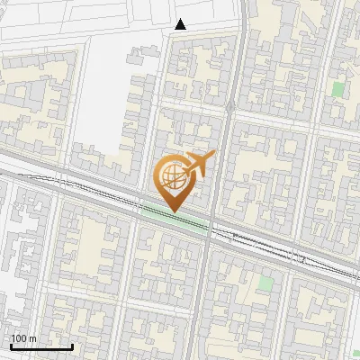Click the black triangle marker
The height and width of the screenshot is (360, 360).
point(181,24)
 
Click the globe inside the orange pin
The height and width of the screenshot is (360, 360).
point(171,177)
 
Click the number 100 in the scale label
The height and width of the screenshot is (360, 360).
point(20,339)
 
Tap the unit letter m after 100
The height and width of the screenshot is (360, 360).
point(33,339)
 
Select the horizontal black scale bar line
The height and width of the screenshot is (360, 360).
point(41,347)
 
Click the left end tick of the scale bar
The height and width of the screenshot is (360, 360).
point(11,346)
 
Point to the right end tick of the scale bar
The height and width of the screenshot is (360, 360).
point(72,346)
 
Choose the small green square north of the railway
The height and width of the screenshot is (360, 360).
point(337,89)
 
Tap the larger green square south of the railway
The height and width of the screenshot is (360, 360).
point(265,283)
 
